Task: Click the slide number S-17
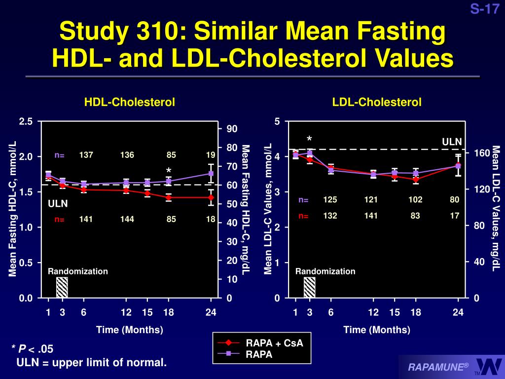tap(484, 9)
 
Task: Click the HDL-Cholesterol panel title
tap(130, 102)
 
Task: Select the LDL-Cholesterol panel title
tap(377, 102)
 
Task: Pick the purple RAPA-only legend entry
tap(259, 354)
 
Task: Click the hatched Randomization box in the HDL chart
tap(62, 287)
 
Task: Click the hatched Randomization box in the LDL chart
tap(309, 287)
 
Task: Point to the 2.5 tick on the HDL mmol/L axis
tap(26, 122)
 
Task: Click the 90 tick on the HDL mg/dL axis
tap(232, 129)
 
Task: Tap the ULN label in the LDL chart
tap(452, 142)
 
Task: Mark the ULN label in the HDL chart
tap(58, 203)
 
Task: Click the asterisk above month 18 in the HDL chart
tap(169, 171)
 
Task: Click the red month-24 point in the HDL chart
tap(211, 197)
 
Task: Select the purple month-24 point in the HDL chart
tap(211, 173)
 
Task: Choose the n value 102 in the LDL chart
tap(415, 200)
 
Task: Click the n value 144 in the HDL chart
tap(127, 220)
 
